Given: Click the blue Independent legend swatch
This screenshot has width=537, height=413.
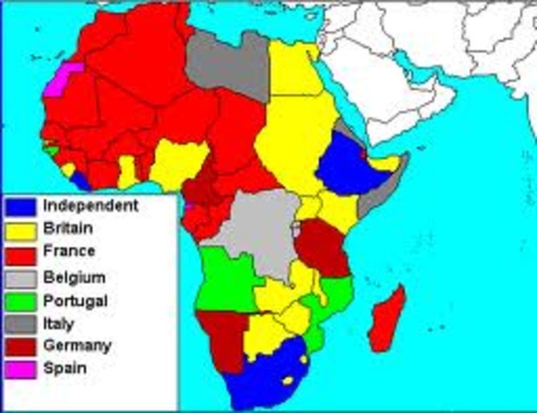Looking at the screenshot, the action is pos(21,207).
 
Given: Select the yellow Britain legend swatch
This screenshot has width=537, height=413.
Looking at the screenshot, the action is pos(21,231).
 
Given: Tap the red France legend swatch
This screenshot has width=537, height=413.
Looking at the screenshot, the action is pos(21,254).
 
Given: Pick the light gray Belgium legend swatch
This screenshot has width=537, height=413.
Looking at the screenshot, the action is pos(21,277).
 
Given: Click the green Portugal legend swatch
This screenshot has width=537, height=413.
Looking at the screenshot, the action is pos(21,300).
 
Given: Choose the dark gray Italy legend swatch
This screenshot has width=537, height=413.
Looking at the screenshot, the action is pos(21,324).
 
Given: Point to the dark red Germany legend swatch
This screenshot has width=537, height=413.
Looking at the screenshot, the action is pos(21,347).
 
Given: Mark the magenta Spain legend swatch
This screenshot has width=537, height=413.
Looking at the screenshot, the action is pos(21,369).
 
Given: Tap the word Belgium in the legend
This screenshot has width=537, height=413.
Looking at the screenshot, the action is pos(74,277).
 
